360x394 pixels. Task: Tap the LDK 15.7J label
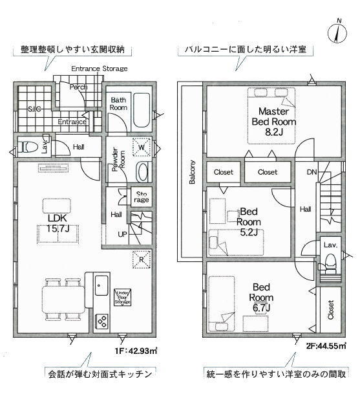58,223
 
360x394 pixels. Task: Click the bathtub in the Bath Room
142,111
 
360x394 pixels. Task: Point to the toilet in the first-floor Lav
28,147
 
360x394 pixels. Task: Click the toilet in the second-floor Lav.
330,263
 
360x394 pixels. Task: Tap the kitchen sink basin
101,285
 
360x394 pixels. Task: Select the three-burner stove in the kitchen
102,321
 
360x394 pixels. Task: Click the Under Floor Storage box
123,297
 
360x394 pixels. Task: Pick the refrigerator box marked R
142,259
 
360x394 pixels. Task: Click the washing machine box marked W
142,147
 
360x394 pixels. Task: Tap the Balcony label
192,172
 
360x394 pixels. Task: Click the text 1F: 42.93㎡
136,350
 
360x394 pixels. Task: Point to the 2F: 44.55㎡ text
326,345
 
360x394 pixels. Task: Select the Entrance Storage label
99,69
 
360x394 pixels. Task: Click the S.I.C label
34,109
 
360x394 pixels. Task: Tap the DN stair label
312,172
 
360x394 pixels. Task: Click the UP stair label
122,234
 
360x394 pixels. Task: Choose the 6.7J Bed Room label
261,297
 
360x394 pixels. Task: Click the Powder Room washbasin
143,172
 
